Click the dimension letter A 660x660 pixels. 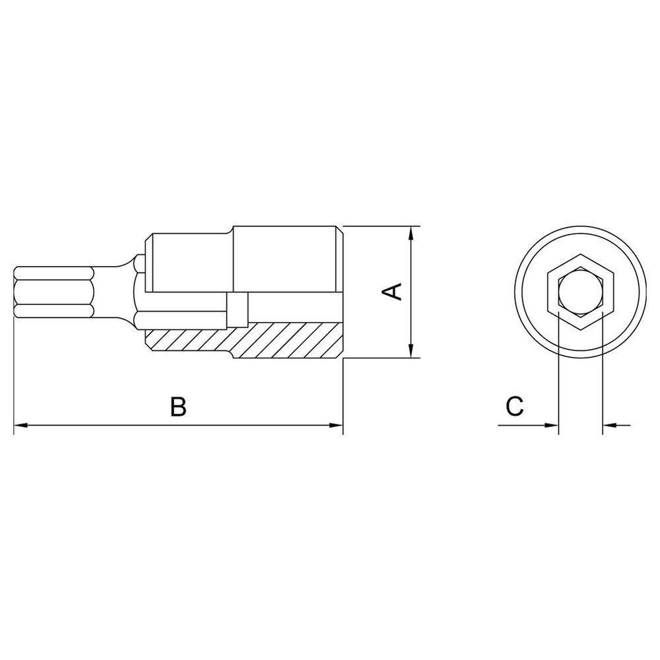pyautogui.click(x=394, y=291)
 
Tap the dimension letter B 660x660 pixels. pyautogui.click(x=178, y=407)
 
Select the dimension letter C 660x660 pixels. pyautogui.click(x=514, y=407)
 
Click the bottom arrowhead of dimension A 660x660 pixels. pyautogui.click(x=411, y=352)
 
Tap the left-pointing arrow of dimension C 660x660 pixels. pyautogui.click(x=609, y=426)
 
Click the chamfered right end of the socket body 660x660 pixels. pyautogui.click(x=341, y=293)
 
